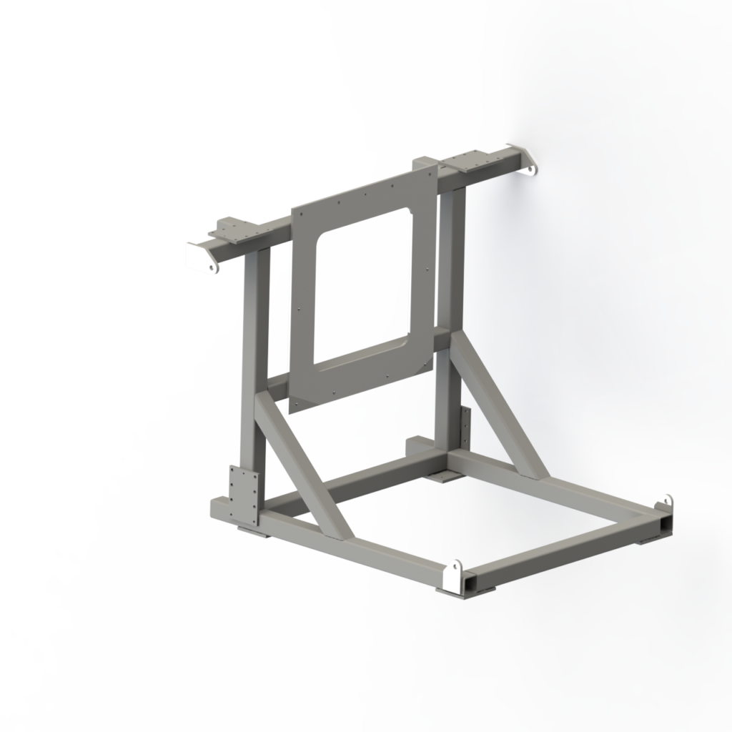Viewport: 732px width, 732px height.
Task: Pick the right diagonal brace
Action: point(500,407)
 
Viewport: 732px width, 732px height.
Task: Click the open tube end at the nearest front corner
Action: point(473,585)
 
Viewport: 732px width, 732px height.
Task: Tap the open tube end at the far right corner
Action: point(666,525)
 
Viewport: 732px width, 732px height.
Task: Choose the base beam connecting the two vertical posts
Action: point(357,486)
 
